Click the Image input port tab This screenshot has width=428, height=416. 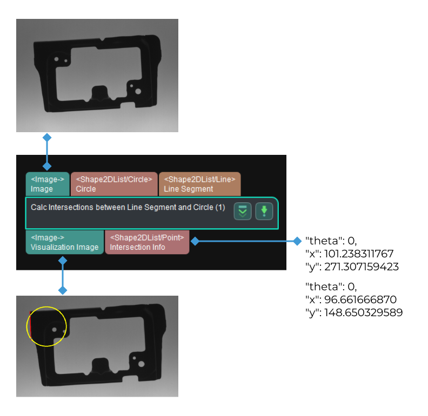tap(48, 184)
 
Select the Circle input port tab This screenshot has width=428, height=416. tap(114, 184)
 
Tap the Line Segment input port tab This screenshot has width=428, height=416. tap(199, 184)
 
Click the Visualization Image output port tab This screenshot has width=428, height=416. tap(65, 242)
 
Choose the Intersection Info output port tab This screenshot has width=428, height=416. tap(147, 242)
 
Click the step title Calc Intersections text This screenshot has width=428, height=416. tap(128, 207)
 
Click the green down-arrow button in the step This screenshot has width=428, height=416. tap(264, 212)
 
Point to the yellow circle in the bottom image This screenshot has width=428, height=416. tap(46, 326)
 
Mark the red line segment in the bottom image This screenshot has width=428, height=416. tap(31, 325)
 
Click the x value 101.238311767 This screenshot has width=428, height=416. tap(359, 254)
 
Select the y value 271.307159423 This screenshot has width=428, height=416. tap(362, 267)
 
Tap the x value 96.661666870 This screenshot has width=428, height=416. tap(360, 299)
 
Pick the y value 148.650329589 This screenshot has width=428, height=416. tap(363, 312)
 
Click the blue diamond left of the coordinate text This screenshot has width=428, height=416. tap(297, 241)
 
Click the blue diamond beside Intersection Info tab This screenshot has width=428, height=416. tap(195, 241)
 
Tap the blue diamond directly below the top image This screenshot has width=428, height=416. tap(47, 138)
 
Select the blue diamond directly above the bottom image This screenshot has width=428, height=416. tap(63, 290)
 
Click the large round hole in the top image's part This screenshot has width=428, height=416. tap(138, 91)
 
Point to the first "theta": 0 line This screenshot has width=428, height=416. tap(331, 241)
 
